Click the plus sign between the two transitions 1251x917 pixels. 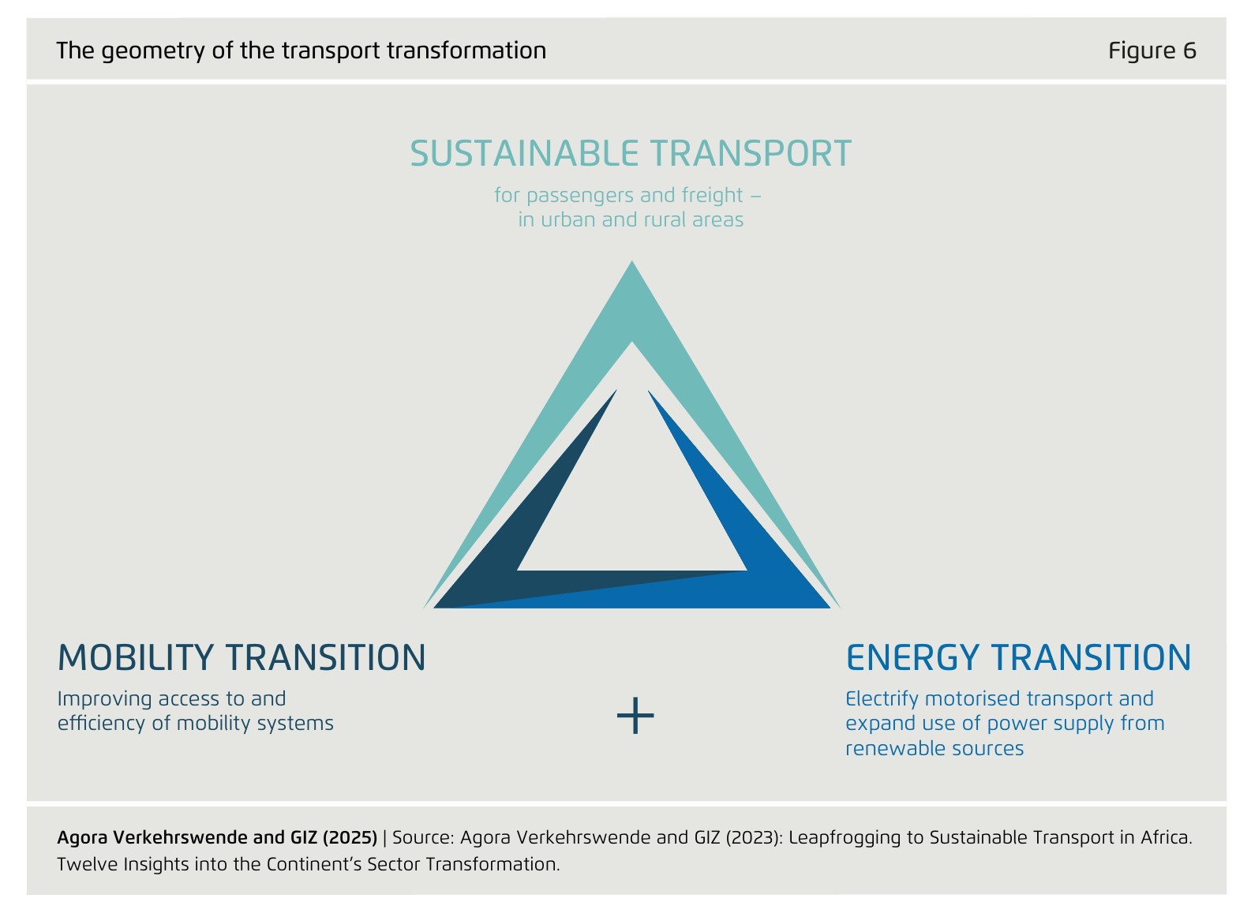click(635, 716)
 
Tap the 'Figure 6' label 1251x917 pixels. click(1152, 51)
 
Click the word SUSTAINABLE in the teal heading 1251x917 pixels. click(524, 154)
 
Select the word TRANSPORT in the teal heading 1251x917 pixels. click(751, 154)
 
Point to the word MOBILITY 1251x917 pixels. click(136, 657)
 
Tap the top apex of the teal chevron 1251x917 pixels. click(631, 261)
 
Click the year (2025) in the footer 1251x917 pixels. click(350, 837)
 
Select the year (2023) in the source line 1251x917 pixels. click(754, 837)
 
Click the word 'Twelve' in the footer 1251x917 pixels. click(88, 864)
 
